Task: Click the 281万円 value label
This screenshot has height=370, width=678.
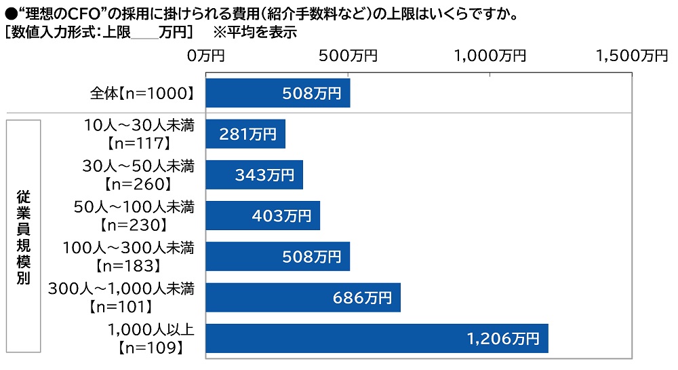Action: (x=248, y=134)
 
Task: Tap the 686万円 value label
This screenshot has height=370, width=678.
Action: (x=362, y=297)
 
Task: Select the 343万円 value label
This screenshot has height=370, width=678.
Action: (x=264, y=175)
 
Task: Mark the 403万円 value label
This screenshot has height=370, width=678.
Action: (x=281, y=216)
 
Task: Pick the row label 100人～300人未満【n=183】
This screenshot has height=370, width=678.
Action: (x=129, y=257)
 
